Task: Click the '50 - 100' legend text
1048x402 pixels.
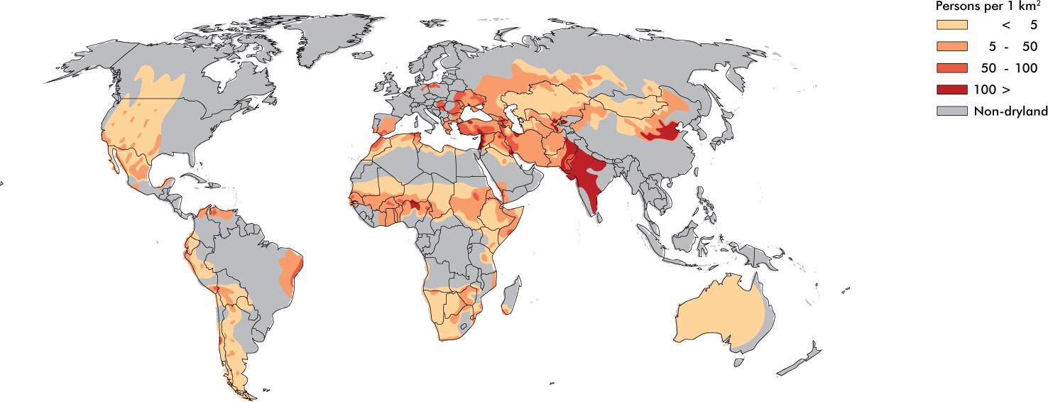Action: pyautogui.click(x=1008, y=68)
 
